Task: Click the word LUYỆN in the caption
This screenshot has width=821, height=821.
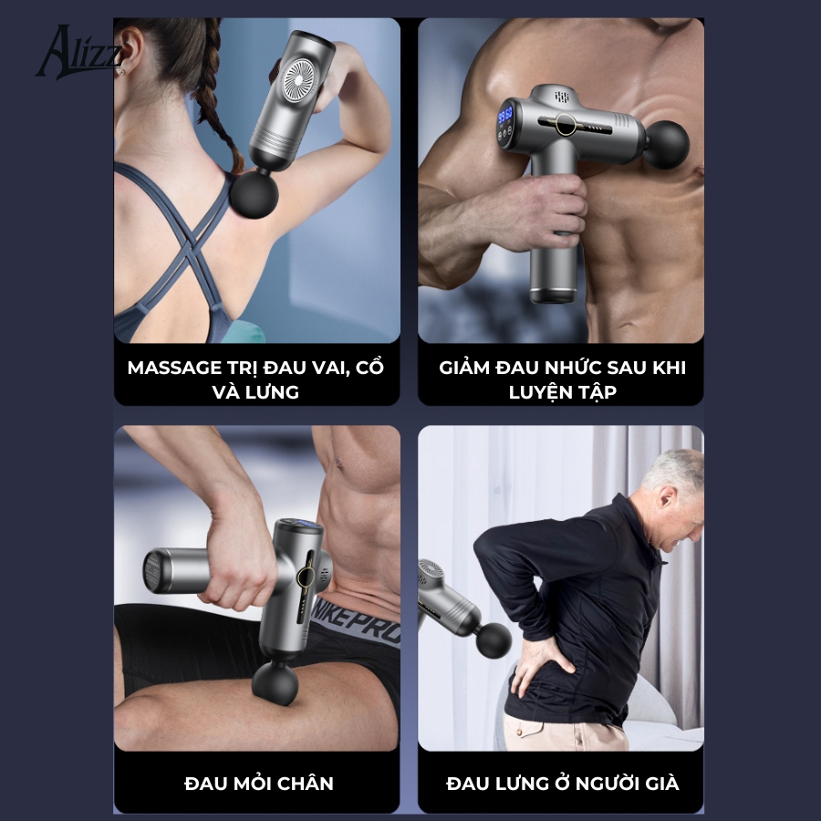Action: [x=539, y=392]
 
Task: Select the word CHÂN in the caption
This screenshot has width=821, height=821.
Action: [x=306, y=784]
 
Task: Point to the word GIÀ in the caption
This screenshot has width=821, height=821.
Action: [x=662, y=784]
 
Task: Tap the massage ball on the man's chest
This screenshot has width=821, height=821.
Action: [x=666, y=144]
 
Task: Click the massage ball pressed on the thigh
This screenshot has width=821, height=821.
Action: [x=275, y=682]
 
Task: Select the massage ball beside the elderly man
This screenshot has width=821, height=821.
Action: [x=494, y=640]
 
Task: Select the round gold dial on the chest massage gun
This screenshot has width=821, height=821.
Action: [x=566, y=125]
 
